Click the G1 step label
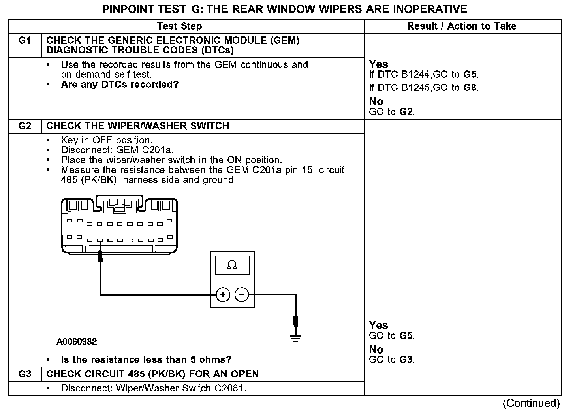[x=25, y=41]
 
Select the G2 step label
[x=25, y=126]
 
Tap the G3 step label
[x=25, y=374]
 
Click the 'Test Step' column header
[x=179, y=26]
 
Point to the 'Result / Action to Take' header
[x=462, y=26]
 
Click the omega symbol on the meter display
[x=232, y=265]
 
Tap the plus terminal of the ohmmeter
[x=223, y=295]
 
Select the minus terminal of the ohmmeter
[x=242, y=295]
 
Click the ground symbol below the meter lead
[x=295, y=338]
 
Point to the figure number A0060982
[x=77, y=342]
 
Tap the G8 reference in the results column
[x=470, y=88]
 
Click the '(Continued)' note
[x=531, y=403]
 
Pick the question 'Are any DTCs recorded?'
[x=120, y=85]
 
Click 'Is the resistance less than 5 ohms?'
[x=146, y=360]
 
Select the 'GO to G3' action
[x=391, y=360]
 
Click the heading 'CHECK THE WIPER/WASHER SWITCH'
[x=138, y=126]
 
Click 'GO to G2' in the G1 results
[x=391, y=112]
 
